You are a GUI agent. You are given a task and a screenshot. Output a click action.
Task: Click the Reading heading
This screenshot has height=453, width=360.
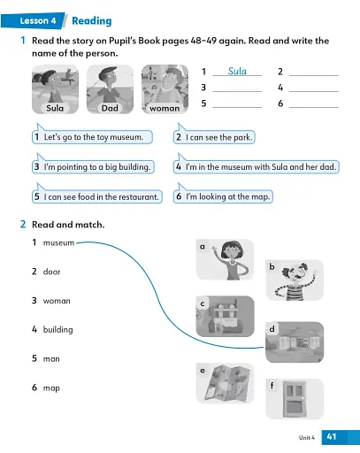(92, 19)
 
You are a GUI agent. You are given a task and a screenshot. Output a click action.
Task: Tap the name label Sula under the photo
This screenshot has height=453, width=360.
(54, 108)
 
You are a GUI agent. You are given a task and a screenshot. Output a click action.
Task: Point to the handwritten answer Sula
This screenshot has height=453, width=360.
(236, 71)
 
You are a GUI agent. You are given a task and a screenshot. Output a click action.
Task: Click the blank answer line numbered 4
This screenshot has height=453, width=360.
(314, 88)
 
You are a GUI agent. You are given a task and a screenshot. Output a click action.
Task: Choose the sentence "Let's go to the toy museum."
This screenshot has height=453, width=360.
(92, 138)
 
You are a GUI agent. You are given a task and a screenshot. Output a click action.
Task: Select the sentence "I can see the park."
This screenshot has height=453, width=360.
(214, 138)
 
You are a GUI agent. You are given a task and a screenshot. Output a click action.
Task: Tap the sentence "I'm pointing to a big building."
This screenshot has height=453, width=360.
(93, 167)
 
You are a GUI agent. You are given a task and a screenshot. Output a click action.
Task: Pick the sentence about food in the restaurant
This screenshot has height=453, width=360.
(96, 196)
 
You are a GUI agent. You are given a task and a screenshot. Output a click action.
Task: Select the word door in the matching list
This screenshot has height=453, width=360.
(51, 272)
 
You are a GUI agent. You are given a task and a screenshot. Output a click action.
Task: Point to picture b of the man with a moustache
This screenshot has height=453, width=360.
(295, 280)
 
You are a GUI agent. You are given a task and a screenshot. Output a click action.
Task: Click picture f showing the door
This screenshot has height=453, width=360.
(294, 399)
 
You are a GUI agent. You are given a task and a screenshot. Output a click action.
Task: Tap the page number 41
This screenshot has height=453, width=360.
(332, 437)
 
